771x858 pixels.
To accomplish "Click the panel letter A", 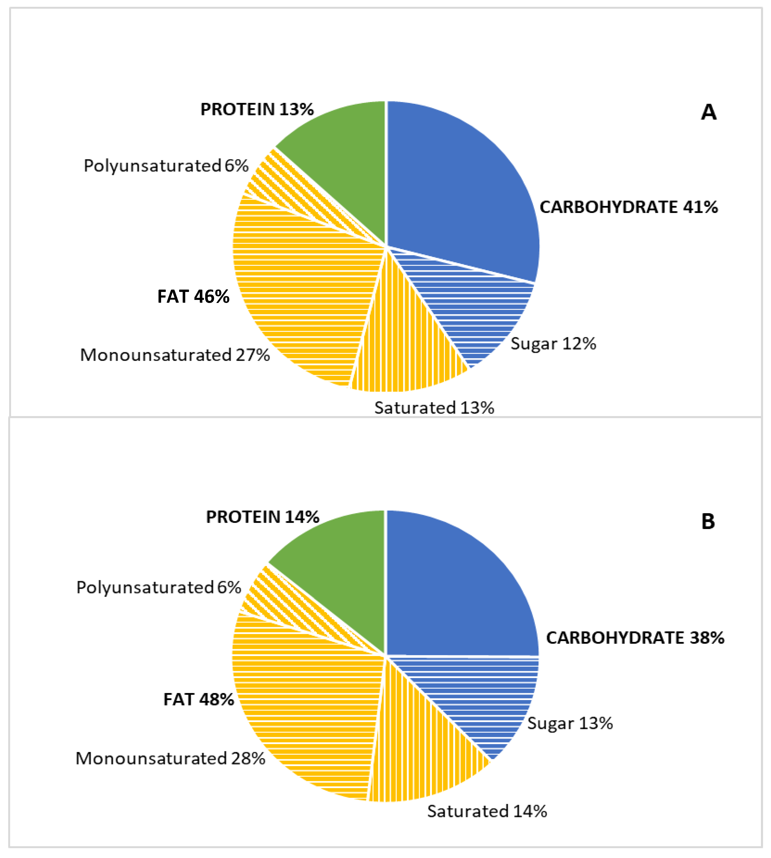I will tap(708, 112).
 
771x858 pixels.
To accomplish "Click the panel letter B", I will tap(708, 522).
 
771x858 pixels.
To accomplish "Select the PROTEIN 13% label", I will tap(257, 109).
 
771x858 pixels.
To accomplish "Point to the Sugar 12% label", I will tap(553, 344).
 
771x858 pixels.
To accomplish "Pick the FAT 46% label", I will tap(193, 297).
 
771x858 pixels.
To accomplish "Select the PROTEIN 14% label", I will tap(262, 517).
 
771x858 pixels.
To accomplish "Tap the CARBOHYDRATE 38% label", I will tap(635, 638).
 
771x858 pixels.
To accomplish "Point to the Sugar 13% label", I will tap(570, 723).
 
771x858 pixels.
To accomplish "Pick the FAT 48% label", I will tap(198, 700).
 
